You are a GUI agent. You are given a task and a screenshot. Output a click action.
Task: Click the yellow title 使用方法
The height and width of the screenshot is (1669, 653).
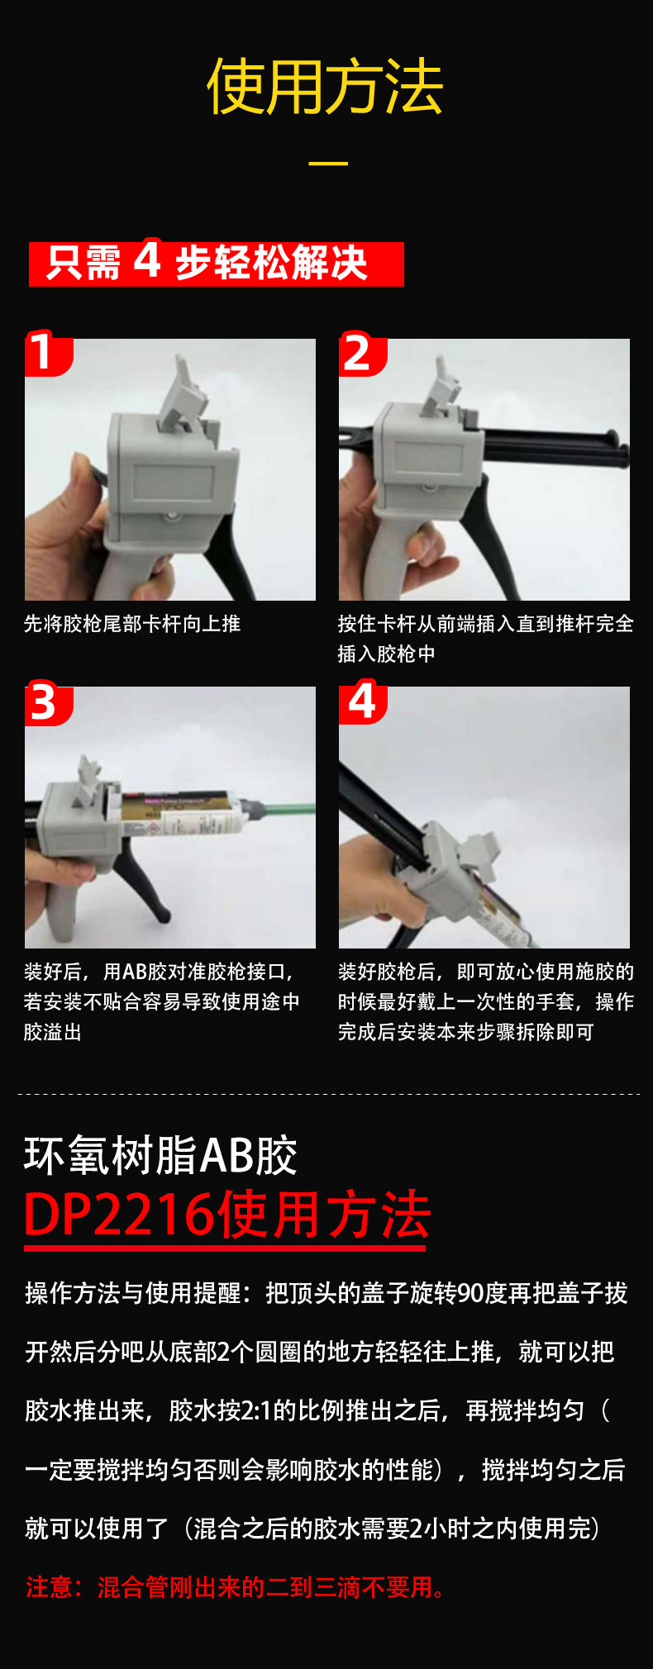(325, 87)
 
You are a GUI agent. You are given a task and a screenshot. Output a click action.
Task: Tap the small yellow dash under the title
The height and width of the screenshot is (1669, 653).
(328, 163)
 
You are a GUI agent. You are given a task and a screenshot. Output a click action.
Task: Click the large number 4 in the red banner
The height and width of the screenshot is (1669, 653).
(147, 260)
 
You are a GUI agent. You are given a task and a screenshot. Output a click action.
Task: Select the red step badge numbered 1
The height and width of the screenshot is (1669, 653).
(44, 354)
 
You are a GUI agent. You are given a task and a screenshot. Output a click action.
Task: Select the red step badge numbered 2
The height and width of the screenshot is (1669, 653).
(358, 354)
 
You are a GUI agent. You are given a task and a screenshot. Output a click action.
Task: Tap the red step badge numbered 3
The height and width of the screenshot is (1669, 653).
(44, 703)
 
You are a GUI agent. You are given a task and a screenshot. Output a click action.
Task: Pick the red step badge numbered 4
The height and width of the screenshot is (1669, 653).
(361, 701)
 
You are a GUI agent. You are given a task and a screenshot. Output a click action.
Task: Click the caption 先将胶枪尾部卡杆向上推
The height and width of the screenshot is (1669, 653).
(132, 624)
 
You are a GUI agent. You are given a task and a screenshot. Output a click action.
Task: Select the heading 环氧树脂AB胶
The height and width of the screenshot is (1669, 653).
(160, 1155)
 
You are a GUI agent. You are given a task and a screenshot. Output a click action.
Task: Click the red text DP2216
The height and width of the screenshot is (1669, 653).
(116, 1215)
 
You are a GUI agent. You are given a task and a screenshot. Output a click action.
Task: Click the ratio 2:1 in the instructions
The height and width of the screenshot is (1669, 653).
(257, 1410)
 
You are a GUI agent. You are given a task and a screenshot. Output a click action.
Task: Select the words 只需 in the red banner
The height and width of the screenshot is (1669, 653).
(83, 264)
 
